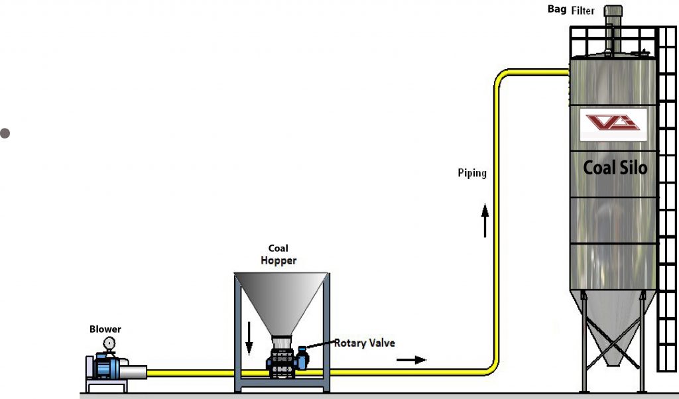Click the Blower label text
pos(105,329)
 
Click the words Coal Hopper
pos(278,255)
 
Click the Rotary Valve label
pos(364,343)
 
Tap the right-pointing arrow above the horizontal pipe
pos(412,360)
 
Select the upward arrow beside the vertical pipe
pos(485,220)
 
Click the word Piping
pos(471,174)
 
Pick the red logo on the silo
pos(613,123)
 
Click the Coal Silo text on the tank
pos(615,168)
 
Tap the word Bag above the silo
pos(556,9)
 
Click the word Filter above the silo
pos(583,11)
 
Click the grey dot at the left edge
pos(5,133)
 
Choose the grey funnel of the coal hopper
pos(281,298)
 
